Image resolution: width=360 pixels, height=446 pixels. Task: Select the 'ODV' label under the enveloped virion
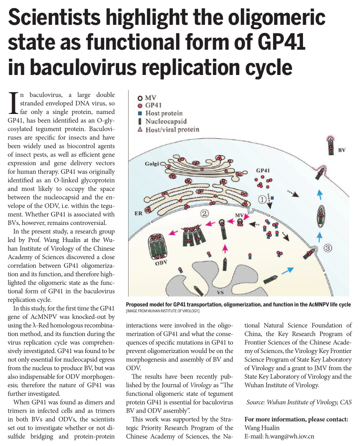[161, 262]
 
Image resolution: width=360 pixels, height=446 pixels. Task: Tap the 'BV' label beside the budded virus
[342, 150]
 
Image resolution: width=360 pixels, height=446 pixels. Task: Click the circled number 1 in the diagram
[263, 199]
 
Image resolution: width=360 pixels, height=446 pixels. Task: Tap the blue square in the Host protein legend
[140, 114]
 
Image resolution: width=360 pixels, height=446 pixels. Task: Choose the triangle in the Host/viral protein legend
[140, 129]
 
